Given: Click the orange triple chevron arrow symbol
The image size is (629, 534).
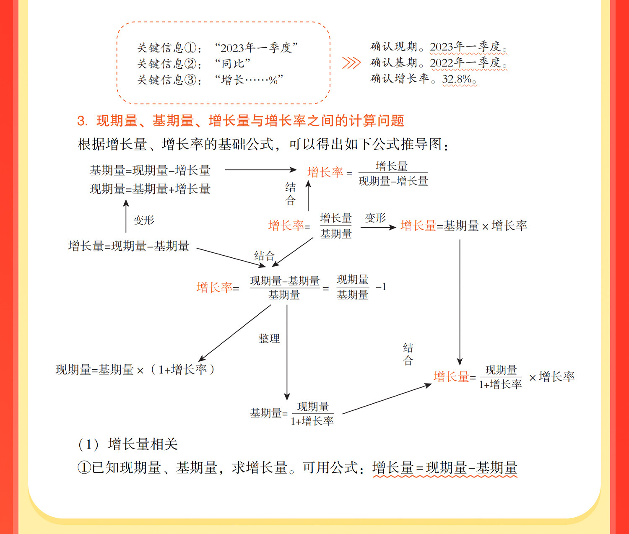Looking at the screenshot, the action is click(x=351, y=63).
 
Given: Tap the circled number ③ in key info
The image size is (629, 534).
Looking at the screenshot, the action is click(x=190, y=80).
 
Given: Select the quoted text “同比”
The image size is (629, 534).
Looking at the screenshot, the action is click(x=233, y=64).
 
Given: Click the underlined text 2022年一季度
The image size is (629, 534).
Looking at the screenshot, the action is click(x=465, y=63).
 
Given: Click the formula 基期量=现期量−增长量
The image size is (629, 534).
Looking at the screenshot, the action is click(x=150, y=171).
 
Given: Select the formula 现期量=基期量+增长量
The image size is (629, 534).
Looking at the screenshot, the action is click(x=150, y=189).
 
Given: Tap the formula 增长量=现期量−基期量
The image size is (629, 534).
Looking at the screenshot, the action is click(x=129, y=246).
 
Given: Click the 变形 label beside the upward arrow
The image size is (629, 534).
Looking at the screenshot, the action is click(x=143, y=220).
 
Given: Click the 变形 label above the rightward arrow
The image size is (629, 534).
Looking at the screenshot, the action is click(x=375, y=218).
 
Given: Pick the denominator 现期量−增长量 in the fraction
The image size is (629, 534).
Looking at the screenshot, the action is click(x=393, y=181).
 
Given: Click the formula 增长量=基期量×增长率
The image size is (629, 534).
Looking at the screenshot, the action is click(x=464, y=226).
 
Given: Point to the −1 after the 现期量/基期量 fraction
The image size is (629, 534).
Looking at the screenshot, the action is click(x=381, y=287).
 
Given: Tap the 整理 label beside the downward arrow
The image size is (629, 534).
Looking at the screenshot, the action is click(x=269, y=339).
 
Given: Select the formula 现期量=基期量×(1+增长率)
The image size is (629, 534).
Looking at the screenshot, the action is click(x=135, y=370).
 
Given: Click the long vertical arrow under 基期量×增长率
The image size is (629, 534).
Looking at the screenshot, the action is click(x=460, y=302).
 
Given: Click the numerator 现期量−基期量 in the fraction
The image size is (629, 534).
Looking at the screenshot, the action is click(x=285, y=281).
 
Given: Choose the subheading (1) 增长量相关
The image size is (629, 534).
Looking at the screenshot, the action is click(x=128, y=444).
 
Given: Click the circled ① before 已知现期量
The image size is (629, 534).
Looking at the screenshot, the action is click(x=84, y=468).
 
